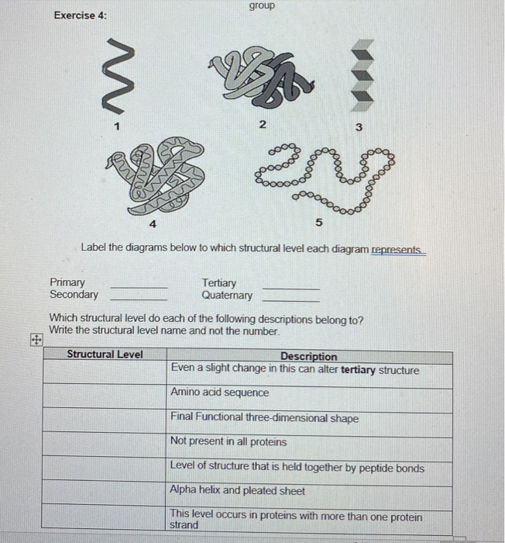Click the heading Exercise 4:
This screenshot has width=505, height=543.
81,16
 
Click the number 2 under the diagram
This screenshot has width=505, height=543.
262,126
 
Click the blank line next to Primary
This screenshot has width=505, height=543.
139,286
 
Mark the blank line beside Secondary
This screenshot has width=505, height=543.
139,298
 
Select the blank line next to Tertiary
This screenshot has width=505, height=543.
290,286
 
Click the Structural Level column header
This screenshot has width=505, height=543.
105,355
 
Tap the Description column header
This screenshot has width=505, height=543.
308,357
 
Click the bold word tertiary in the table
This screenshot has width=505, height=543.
358,370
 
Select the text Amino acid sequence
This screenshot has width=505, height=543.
220,393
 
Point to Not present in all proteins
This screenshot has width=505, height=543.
228,441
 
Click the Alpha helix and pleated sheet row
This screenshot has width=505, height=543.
238,491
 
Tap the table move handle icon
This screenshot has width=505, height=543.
35,339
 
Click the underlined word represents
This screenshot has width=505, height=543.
398,250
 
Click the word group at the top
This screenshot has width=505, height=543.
262,6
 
